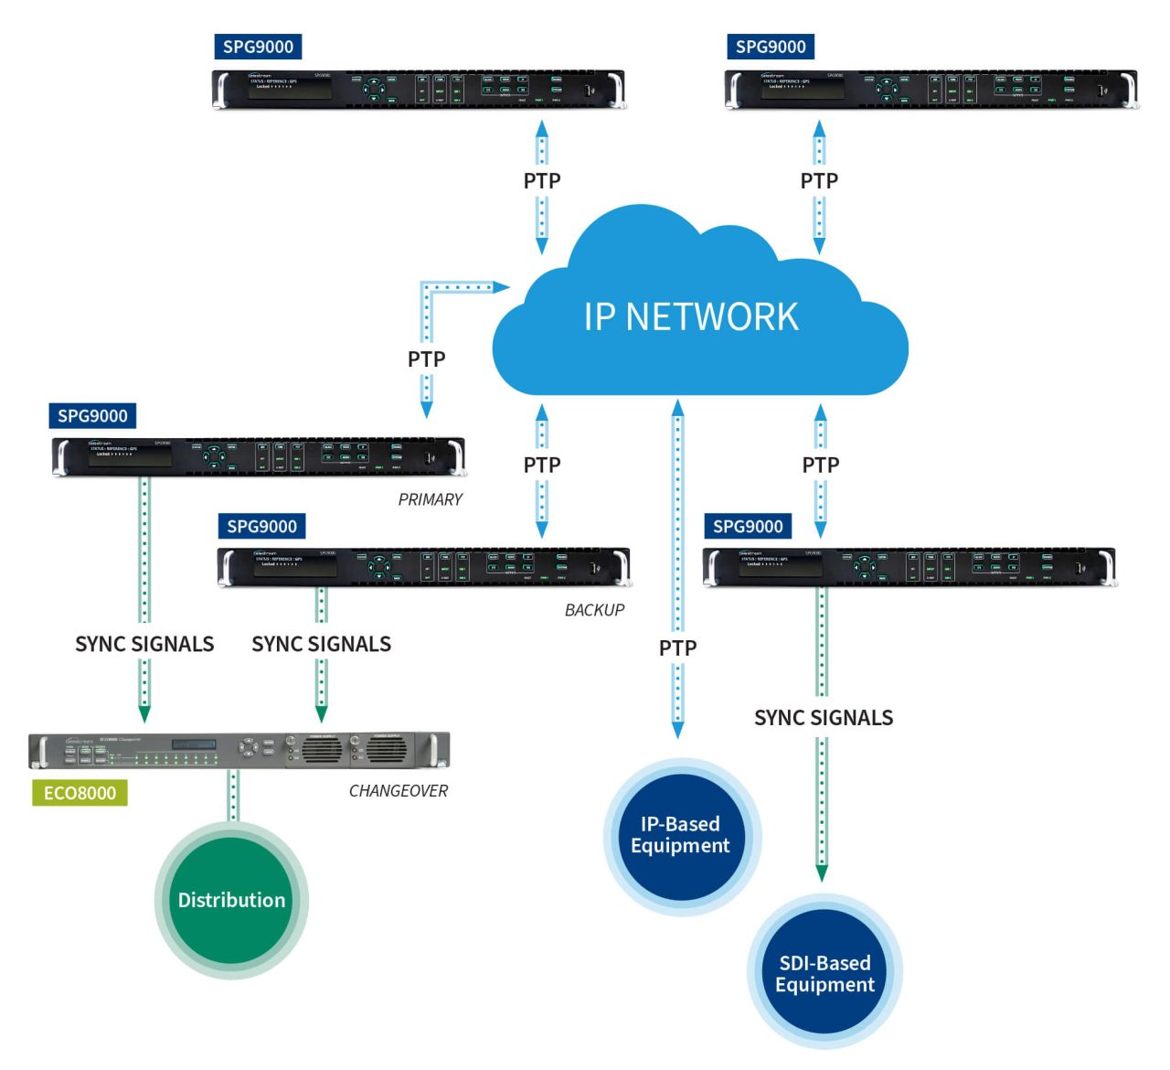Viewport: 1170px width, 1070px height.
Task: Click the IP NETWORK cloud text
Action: coord(691,316)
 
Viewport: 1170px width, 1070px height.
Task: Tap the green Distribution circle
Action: coord(231,900)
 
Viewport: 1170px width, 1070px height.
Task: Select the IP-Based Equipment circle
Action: coord(680,835)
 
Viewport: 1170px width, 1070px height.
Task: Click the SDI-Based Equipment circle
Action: coord(824,974)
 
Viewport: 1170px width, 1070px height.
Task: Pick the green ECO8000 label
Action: coord(80,793)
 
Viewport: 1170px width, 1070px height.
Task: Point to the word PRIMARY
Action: coord(430,499)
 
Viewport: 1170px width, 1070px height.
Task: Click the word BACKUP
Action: coord(594,610)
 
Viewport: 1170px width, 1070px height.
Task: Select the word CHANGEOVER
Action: coord(399,791)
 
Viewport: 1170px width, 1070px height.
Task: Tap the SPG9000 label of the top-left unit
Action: coord(258,47)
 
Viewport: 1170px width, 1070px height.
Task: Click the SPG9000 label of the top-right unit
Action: coord(771,47)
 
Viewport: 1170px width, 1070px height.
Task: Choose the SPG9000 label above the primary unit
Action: coord(92,416)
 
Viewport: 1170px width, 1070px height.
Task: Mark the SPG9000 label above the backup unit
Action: coord(261,527)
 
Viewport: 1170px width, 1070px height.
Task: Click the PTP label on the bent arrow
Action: coord(426,359)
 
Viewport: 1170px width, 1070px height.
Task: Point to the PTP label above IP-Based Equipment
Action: coord(677,648)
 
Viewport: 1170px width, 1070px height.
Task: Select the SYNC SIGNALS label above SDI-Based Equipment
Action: coord(824,718)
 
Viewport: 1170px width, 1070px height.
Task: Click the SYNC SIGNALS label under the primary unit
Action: coord(144,645)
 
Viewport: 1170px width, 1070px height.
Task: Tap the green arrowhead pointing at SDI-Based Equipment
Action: coord(822,872)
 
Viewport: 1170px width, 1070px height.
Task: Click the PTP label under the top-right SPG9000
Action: coord(819,181)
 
